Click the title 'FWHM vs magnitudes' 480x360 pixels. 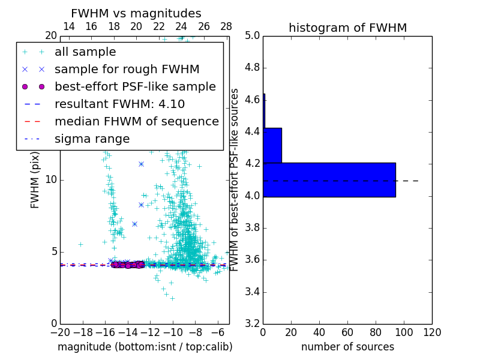(x=136, y=13)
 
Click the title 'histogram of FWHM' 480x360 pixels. (x=347, y=28)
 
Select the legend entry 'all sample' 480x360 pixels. (x=85, y=52)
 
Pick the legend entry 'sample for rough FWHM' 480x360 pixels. (x=127, y=70)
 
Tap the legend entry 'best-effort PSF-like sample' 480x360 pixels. (x=135, y=87)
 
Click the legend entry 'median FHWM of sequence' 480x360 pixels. (x=136, y=122)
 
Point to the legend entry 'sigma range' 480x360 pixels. (x=92, y=139)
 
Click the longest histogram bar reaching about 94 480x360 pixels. (x=329, y=179)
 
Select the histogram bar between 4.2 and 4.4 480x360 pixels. (x=272, y=145)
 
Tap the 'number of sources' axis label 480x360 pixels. (x=347, y=347)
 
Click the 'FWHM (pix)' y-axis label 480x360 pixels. (x=35, y=179)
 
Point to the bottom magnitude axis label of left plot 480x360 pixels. (x=145, y=347)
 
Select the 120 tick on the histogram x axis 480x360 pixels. (x=431, y=331)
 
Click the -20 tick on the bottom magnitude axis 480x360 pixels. (x=59, y=331)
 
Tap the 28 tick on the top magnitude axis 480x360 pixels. (x=226, y=26)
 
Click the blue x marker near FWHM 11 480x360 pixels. (x=141, y=164)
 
